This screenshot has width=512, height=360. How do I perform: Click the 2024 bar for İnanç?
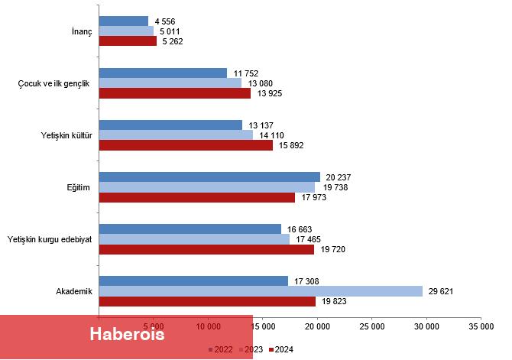pyautogui.click(x=128, y=41)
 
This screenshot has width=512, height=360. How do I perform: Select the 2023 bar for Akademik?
pyautogui.click(x=261, y=291)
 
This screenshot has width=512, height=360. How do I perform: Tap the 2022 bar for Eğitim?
pyautogui.click(x=209, y=177)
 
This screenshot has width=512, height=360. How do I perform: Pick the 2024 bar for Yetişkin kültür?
pyautogui.click(x=186, y=145)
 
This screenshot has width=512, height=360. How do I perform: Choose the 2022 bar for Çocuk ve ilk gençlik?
pyautogui.click(x=163, y=73)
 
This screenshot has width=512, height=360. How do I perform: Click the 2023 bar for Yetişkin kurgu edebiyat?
pyautogui.click(x=194, y=239)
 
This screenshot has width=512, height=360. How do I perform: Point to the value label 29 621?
pyautogui.click(x=442, y=291)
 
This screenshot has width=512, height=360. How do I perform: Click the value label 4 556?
pyautogui.click(x=165, y=21)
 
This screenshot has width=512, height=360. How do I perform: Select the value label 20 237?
pyautogui.click(x=337, y=177)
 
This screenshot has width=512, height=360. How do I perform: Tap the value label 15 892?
pyautogui.click(x=290, y=145)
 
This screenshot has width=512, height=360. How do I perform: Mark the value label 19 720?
pyautogui.click(x=331, y=249)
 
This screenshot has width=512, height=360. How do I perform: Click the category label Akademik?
pyautogui.click(x=74, y=291)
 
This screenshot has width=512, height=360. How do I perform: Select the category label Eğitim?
pyautogui.click(x=80, y=187)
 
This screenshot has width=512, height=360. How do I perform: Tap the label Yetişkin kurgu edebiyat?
pyautogui.click(x=49, y=239)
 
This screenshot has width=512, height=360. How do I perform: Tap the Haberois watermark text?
pyautogui.click(x=127, y=335)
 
